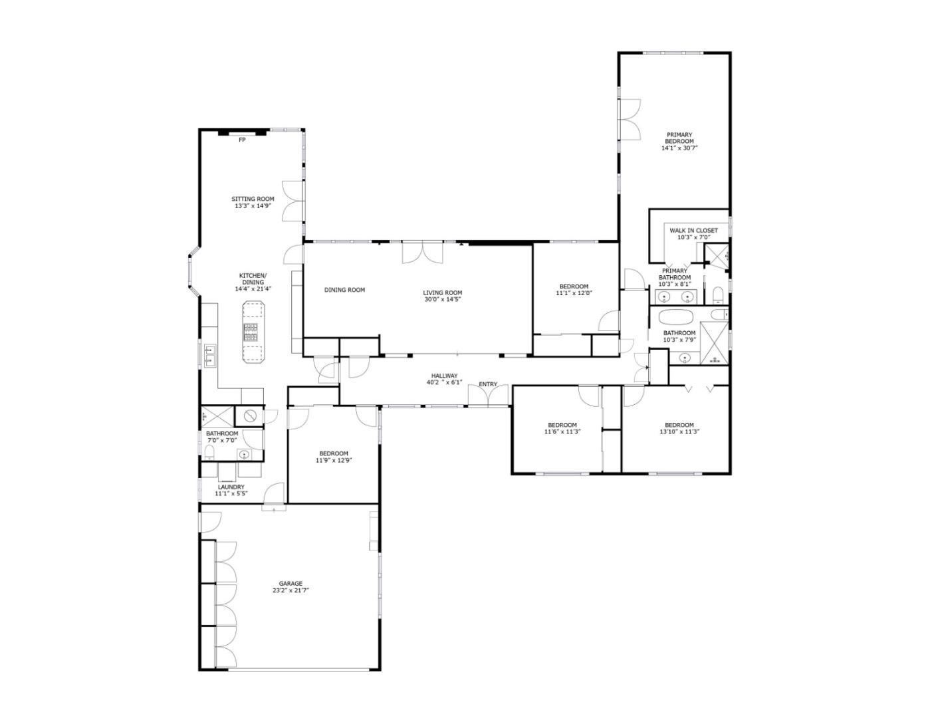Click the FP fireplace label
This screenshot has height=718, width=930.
pyautogui.click(x=242, y=140)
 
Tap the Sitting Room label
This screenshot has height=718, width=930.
pyautogui.click(x=253, y=199)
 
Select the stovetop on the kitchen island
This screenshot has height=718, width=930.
pyautogui.click(x=251, y=332)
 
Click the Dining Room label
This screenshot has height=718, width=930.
pyautogui.click(x=344, y=290)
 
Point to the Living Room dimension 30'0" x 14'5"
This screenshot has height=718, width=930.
pyautogui.click(x=443, y=300)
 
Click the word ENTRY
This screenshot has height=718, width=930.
pyautogui.click(x=488, y=384)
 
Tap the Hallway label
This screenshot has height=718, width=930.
pyautogui.click(x=445, y=376)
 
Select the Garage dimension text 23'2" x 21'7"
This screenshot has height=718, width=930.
pyautogui.click(x=291, y=590)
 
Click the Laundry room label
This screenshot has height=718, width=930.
pyautogui.click(x=231, y=487)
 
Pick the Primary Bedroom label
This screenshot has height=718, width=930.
pyautogui.click(x=679, y=138)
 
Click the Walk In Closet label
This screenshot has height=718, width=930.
pyautogui.click(x=694, y=231)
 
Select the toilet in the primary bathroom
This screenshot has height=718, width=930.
pyautogui.click(x=718, y=296)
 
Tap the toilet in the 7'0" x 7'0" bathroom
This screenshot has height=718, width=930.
pyautogui.click(x=209, y=452)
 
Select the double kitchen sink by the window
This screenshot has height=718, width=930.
pyautogui.click(x=209, y=356)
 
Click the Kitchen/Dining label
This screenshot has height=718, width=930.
pyautogui.click(x=253, y=279)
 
